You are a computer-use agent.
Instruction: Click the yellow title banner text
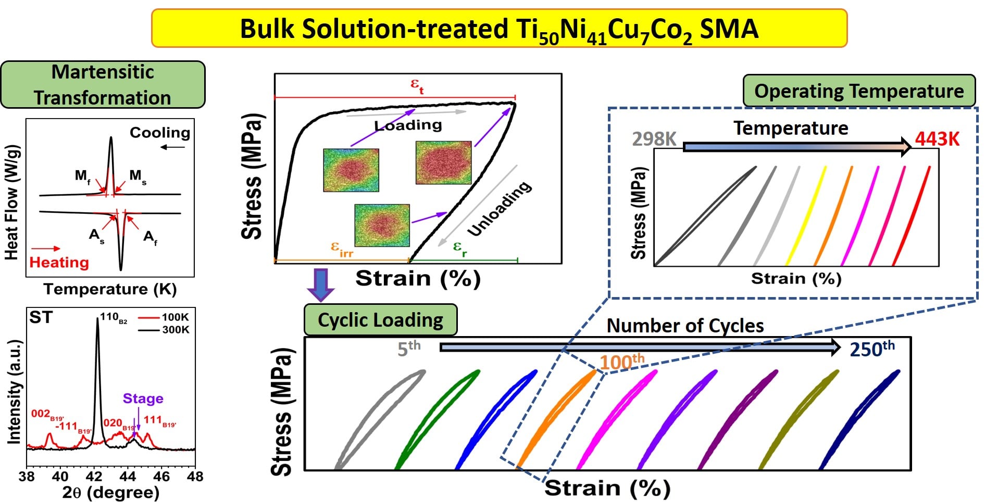coord(498,29)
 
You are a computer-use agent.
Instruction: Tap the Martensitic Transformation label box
coord(103,85)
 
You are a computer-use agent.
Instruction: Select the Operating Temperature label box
coord(858,91)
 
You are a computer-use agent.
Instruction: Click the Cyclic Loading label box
coord(380,320)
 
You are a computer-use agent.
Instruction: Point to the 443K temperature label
coord(937,139)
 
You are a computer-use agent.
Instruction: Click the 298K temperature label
coord(654,139)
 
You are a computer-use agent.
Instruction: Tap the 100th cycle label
coord(621,361)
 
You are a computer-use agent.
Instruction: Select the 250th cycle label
coord(871,349)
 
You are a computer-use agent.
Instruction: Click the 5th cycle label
coord(408,348)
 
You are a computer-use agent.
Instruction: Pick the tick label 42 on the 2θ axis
coord(94,476)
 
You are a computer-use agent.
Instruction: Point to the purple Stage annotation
coord(143,398)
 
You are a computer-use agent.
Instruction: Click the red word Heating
coord(59,262)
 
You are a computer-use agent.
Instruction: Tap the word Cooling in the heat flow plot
coord(160,133)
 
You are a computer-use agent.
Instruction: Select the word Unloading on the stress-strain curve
coord(500,208)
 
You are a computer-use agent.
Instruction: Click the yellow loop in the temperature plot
coord(806,216)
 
